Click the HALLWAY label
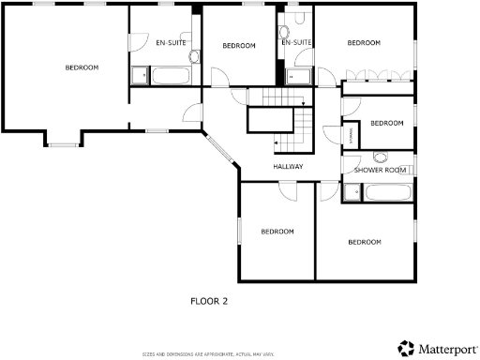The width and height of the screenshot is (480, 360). click(288, 167)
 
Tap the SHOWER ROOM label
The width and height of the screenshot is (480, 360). click(380, 170)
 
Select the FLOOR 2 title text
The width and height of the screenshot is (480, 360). click(209, 301)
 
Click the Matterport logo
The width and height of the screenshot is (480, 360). click(436, 348)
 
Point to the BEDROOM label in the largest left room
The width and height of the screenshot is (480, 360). click(82, 67)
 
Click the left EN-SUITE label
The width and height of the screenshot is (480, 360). click(170, 43)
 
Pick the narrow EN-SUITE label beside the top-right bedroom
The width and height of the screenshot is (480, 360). click(295, 43)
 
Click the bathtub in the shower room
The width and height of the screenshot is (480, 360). click(385, 193)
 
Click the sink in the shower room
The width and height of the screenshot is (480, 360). click(381, 157)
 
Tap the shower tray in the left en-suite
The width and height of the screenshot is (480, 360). click(139, 76)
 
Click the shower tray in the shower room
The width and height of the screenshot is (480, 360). click(352, 193)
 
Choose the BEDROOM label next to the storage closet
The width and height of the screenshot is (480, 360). click(386, 123)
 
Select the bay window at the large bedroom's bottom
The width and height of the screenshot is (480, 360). click(64, 143)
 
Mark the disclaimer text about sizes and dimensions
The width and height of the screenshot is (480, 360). click(209, 353)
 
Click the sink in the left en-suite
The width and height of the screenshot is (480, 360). click(194, 56)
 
